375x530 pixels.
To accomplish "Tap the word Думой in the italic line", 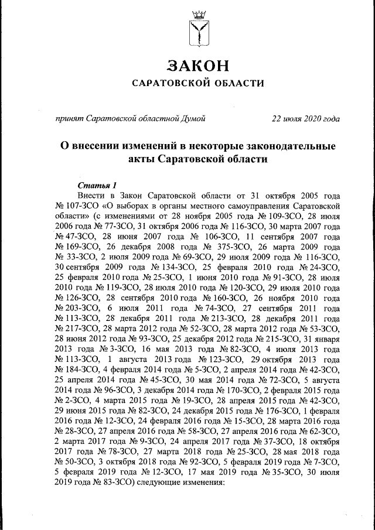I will point(193,119).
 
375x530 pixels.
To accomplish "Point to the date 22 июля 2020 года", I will point(305,119).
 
